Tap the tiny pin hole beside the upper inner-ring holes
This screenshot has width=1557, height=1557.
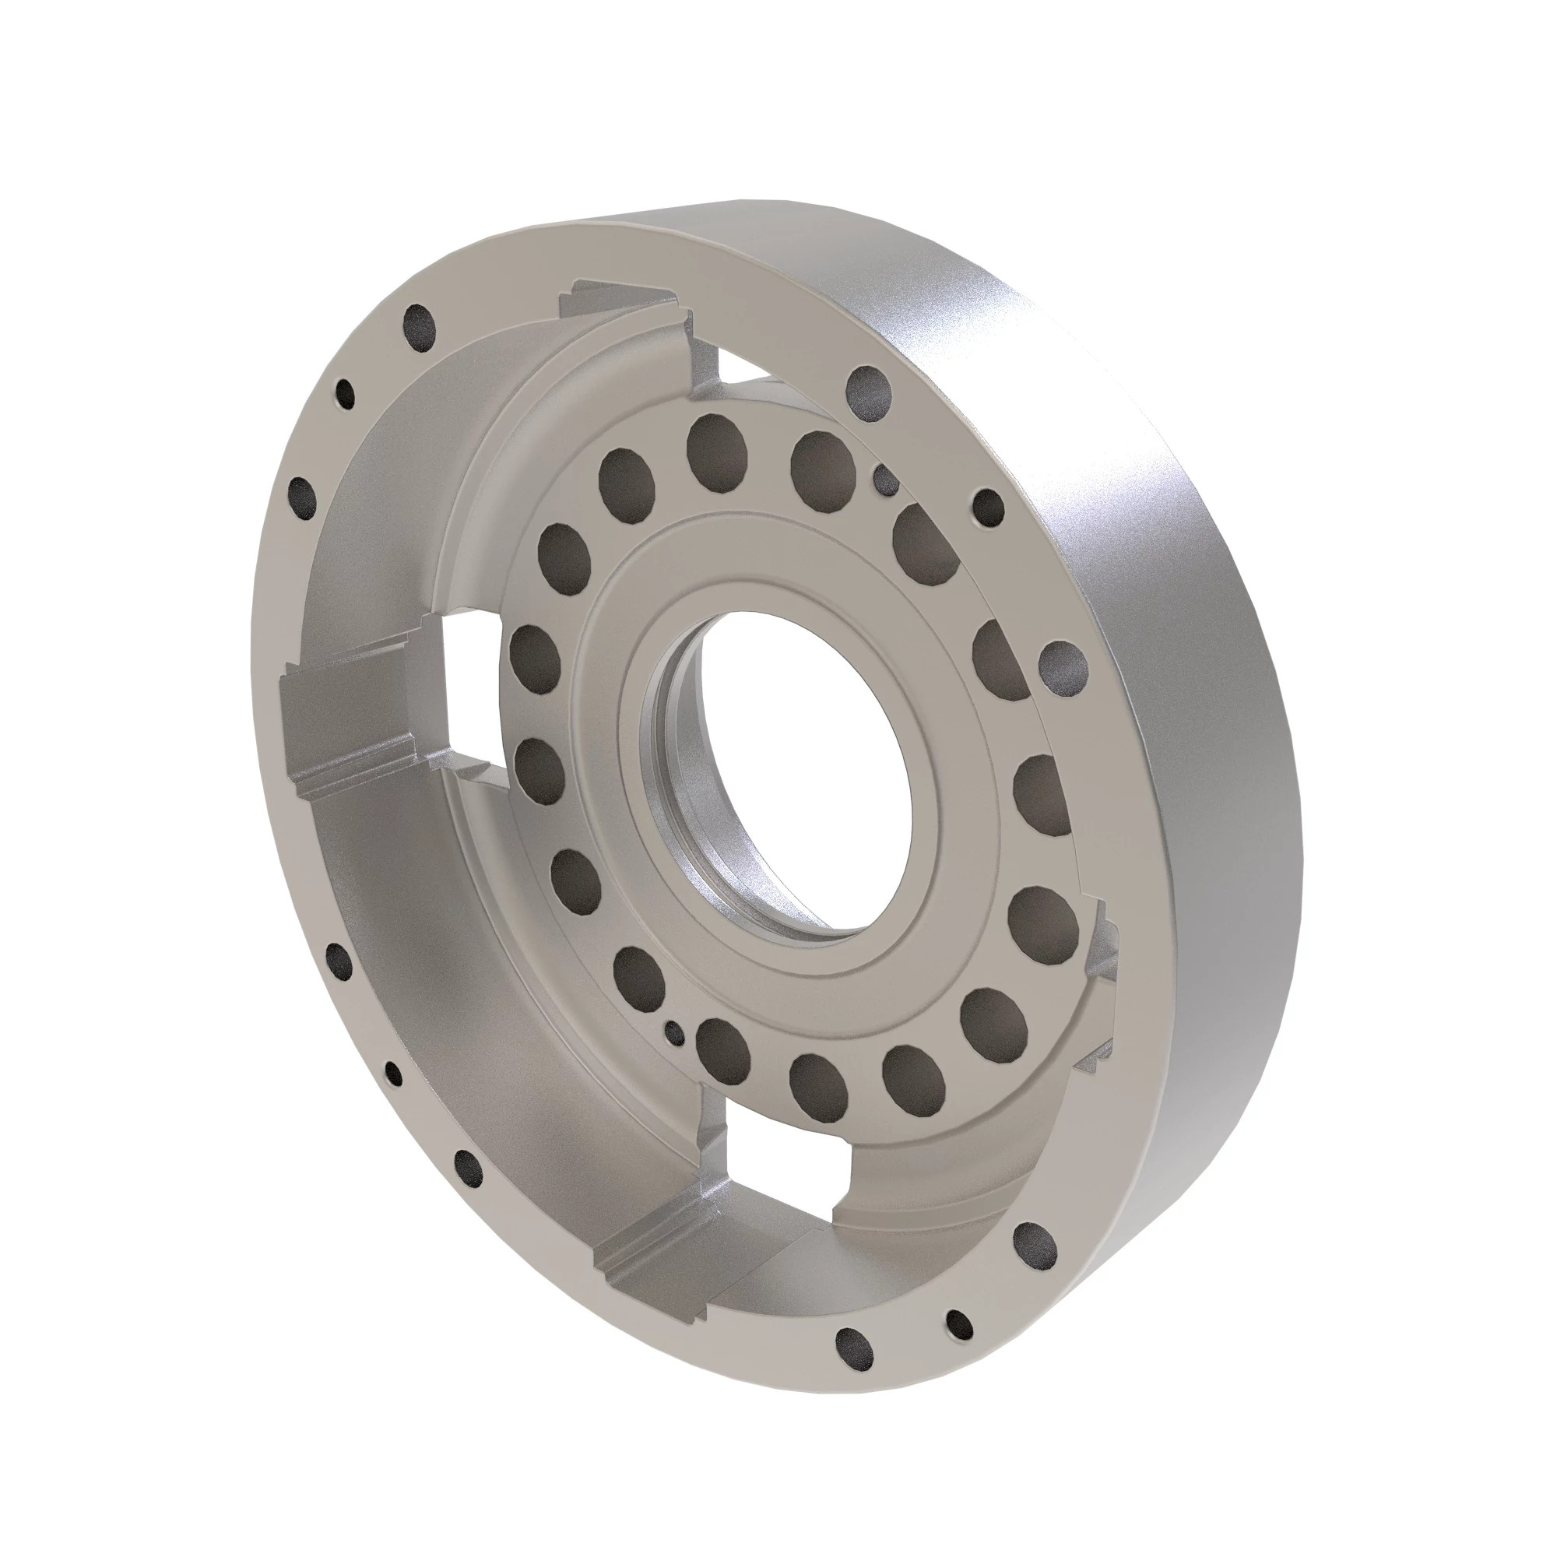point(886,480)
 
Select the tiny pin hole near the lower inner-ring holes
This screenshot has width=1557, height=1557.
point(671,1030)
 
